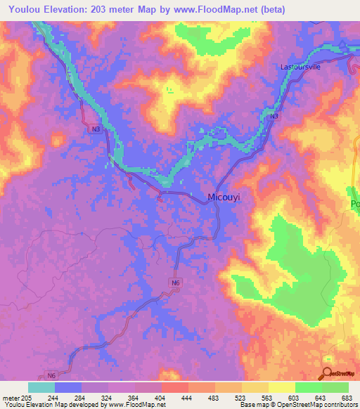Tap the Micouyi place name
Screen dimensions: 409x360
pyautogui.click(x=224, y=198)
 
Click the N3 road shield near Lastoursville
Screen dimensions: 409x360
pyautogui.click(x=274, y=116)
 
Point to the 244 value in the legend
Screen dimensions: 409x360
pyautogui.click(x=53, y=398)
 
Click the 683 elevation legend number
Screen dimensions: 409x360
pyautogui.click(x=346, y=398)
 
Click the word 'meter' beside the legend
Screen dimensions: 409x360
pyautogui.click(x=11, y=398)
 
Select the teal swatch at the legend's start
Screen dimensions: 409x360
pyautogui.click(x=41, y=387)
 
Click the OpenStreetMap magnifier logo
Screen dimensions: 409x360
pyautogui.click(x=327, y=375)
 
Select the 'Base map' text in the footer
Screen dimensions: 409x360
pyautogui.click(x=256, y=405)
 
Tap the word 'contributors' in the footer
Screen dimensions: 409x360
pyautogui.click(x=337, y=405)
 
